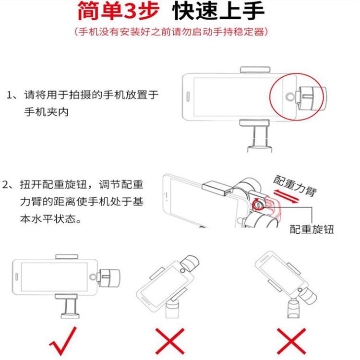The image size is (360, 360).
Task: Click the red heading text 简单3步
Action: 119,11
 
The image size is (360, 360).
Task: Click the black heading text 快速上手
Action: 218,11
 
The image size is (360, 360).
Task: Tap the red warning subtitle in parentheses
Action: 171,32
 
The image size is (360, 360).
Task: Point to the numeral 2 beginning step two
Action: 5,185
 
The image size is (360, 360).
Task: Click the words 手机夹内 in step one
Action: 47,112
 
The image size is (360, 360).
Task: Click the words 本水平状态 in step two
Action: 48,219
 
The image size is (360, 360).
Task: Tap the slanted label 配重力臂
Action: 295,186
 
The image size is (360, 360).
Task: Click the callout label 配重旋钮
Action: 312,229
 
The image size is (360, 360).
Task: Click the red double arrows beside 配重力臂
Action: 287,196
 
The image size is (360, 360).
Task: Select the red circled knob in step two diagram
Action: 258,204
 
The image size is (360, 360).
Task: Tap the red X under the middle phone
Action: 170,341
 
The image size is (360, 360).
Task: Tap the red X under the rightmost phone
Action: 291,341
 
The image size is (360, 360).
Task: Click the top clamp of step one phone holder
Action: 255,69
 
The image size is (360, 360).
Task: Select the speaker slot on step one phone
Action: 188,96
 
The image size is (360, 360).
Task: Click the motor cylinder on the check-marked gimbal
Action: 110,278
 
